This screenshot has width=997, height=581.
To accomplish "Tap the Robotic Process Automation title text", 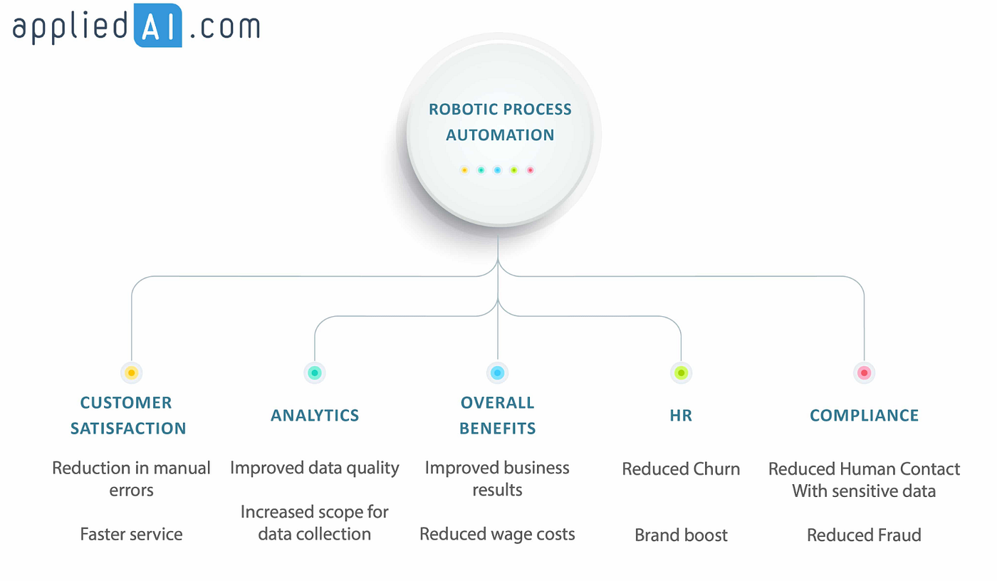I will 500,122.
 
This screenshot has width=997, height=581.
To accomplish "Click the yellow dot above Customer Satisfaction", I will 131,372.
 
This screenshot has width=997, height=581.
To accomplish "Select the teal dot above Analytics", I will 315,372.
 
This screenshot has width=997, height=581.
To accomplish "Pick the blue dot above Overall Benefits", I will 498,372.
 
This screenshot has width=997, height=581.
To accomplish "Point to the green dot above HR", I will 681,372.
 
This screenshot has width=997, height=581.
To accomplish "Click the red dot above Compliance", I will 864,372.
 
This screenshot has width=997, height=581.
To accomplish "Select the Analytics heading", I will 315,415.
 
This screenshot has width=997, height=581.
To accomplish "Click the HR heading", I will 681,415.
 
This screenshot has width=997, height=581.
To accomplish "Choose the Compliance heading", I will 864,415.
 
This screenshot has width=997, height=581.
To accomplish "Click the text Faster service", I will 131,534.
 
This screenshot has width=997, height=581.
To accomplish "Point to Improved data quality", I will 315,468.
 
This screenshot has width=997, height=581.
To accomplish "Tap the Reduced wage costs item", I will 497,534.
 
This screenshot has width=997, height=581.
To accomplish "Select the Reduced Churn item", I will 681,469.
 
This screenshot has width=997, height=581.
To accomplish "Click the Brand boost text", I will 681,535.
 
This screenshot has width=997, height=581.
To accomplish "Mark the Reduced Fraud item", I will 864,535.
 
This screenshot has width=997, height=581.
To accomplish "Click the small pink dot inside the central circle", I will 530,170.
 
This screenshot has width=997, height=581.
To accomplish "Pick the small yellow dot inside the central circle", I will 464,170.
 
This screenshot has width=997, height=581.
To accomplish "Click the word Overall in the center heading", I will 497,402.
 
